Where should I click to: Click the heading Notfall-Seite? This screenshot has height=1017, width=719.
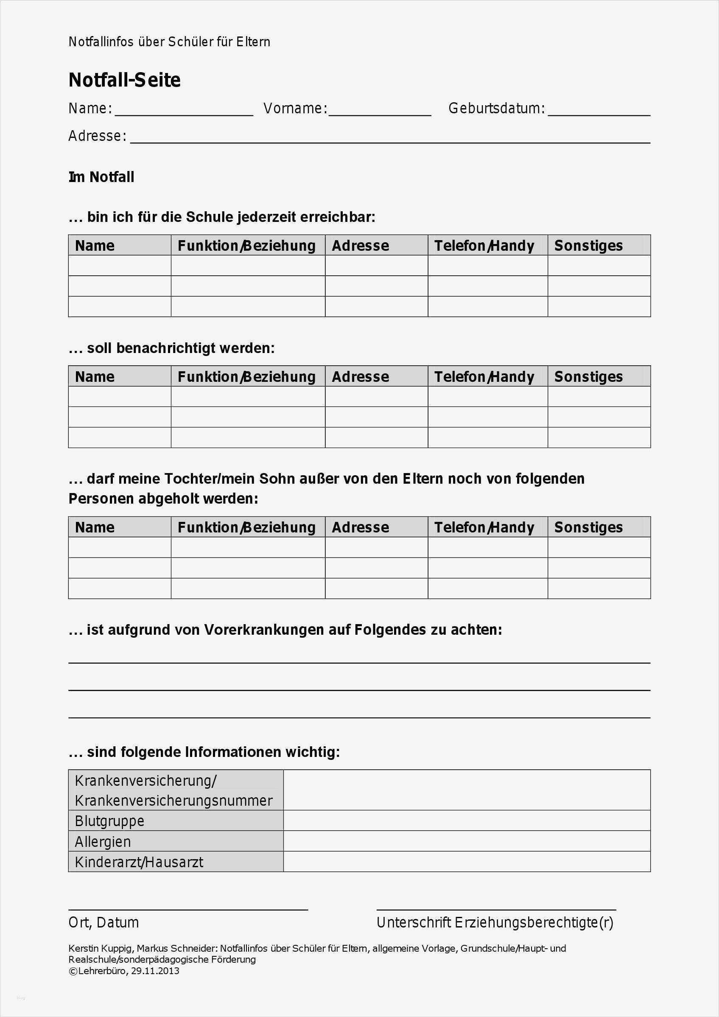[x=124, y=80]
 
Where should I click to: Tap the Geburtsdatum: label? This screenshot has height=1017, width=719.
[x=496, y=109]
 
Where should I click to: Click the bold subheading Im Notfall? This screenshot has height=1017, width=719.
[x=101, y=177]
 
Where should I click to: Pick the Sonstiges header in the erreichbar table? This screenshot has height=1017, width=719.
[x=588, y=246]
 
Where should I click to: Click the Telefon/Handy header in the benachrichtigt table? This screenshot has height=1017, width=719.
[x=484, y=377]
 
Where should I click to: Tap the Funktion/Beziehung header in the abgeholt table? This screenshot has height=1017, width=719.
[x=246, y=527]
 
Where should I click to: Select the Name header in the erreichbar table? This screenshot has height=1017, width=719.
[x=95, y=246]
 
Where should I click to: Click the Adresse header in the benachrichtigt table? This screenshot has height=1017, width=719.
[x=361, y=377]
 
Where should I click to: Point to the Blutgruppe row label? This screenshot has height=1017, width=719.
[x=110, y=821]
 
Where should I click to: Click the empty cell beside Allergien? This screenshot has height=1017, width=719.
[x=466, y=841]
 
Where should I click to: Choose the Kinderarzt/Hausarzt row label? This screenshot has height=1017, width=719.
[x=139, y=862]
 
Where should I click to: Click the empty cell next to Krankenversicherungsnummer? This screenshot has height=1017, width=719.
[x=466, y=790]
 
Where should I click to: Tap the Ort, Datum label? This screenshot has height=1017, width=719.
[x=104, y=922]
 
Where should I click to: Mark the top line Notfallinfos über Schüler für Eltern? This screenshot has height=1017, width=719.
[x=169, y=42]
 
